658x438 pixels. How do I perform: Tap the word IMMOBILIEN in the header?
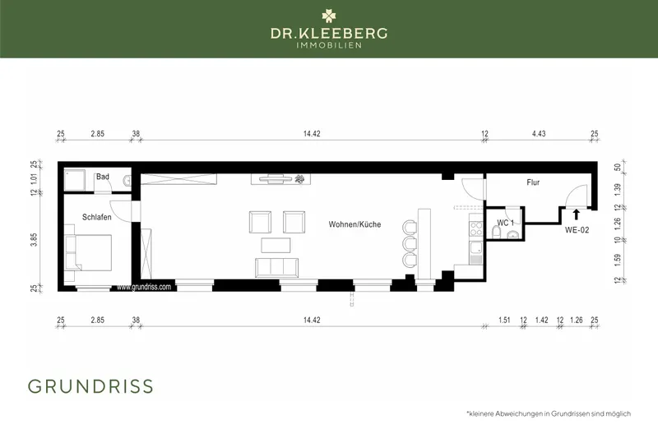329,45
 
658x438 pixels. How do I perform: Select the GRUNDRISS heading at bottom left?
90,386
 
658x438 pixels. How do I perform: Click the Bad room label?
103,177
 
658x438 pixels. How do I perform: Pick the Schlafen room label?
96,217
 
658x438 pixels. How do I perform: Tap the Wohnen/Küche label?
353,224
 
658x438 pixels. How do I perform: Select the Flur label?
533,184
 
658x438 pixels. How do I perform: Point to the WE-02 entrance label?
576,231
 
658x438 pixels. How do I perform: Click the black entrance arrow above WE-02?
576,215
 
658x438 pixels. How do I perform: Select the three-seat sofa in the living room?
278,267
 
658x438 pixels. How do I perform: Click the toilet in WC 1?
512,237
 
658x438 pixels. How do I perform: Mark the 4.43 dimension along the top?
539,133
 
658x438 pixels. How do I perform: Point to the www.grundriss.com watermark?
144,288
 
